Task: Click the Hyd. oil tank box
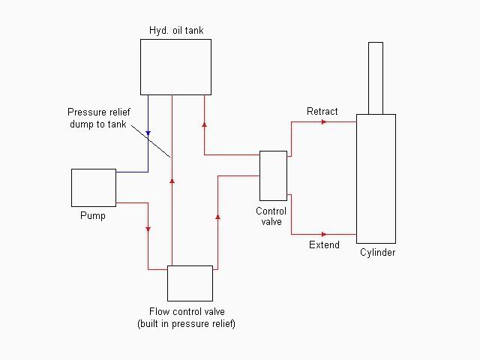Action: (175, 67)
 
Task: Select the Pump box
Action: (94, 187)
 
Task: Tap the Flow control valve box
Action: (190, 283)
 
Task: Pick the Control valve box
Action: (273, 175)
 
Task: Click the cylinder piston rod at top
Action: (376, 77)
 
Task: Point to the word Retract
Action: (322, 112)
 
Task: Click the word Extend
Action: (324, 245)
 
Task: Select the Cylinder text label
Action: (376, 253)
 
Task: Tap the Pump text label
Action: (93, 216)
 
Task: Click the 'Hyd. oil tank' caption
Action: (175, 31)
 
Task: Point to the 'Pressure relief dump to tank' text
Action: (97, 118)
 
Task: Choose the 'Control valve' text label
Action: (271, 216)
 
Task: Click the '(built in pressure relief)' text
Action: (187, 324)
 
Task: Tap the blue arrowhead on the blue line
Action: (148, 133)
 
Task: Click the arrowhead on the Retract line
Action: (323, 121)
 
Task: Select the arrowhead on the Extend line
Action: (323, 234)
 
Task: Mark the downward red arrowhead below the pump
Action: (148, 229)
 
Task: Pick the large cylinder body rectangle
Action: (376, 178)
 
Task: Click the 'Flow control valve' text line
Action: (187, 312)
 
